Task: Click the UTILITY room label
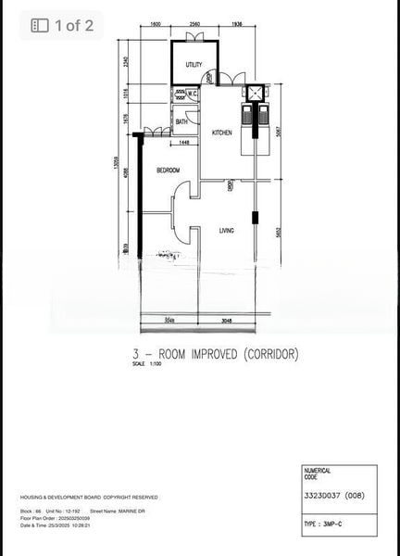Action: click(x=194, y=65)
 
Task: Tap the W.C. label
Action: click(x=193, y=94)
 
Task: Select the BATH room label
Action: click(x=181, y=121)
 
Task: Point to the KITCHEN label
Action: click(x=222, y=133)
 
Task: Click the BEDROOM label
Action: click(x=168, y=170)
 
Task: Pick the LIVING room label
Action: click(x=227, y=231)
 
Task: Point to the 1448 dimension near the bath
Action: click(x=185, y=142)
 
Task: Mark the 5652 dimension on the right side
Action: click(x=278, y=232)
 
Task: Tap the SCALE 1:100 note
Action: click(x=146, y=364)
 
